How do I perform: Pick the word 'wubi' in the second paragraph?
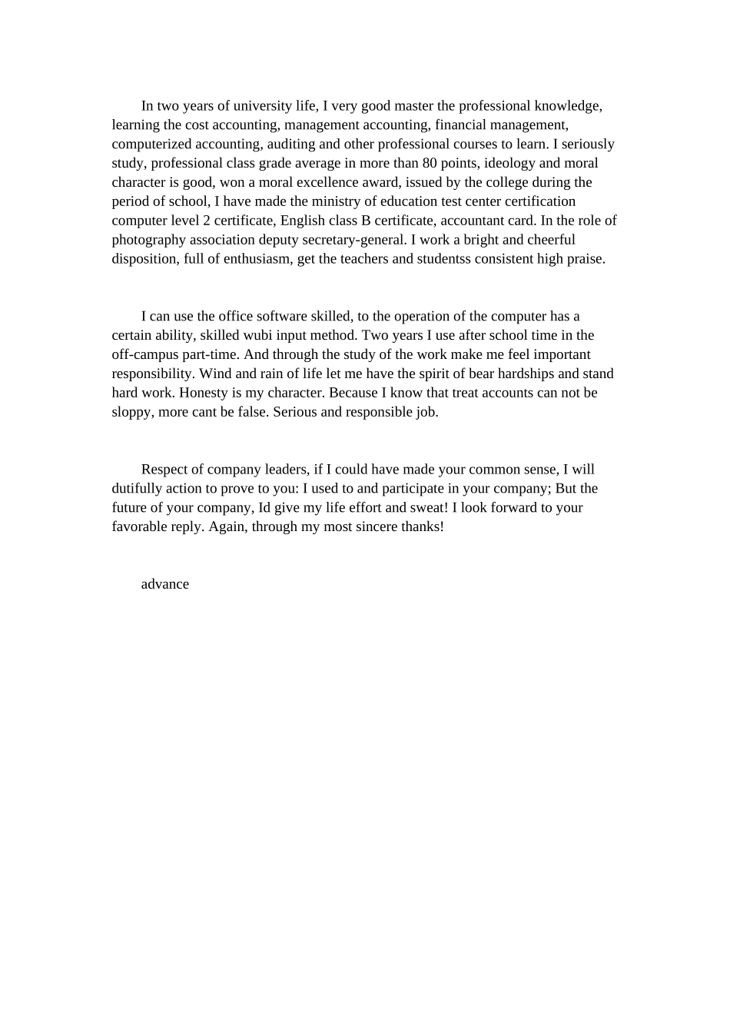pyautogui.click(x=257, y=335)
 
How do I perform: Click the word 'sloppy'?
pyautogui.click(x=131, y=412)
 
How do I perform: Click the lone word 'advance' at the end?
pyautogui.click(x=165, y=584)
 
